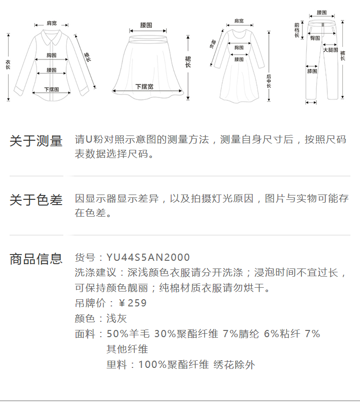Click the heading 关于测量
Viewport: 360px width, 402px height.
pyautogui.click(x=36, y=141)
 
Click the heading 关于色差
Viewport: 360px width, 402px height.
pyautogui.click(x=36, y=200)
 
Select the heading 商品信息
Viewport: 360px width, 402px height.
pyautogui.click(x=36, y=259)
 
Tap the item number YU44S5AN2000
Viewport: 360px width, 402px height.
pyautogui.click(x=148, y=258)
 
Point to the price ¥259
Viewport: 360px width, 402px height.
pyautogui.click(x=132, y=303)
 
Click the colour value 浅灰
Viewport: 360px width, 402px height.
pyautogui.click(x=117, y=318)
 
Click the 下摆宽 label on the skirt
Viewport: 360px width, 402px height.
pyautogui.click(x=144, y=86)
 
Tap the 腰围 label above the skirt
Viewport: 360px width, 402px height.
pyautogui.click(x=146, y=24)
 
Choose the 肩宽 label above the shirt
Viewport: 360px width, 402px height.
pyautogui.click(x=51, y=23)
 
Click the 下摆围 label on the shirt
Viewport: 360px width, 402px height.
pyautogui.click(x=51, y=89)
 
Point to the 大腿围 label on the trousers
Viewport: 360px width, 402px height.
pyautogui.click(x=330, y=50)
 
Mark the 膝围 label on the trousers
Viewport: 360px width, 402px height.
pyautogui.click(x=312, y=72)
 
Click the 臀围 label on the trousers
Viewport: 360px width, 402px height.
pyautogui.click(x=315, y=38)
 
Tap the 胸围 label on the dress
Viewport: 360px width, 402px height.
pyautogui.click(x=239, y=48)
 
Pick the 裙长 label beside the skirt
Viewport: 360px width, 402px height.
pyautogui.click(x=188, y=61)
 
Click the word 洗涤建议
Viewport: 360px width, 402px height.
pyautogui.click(x=96, y=273)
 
